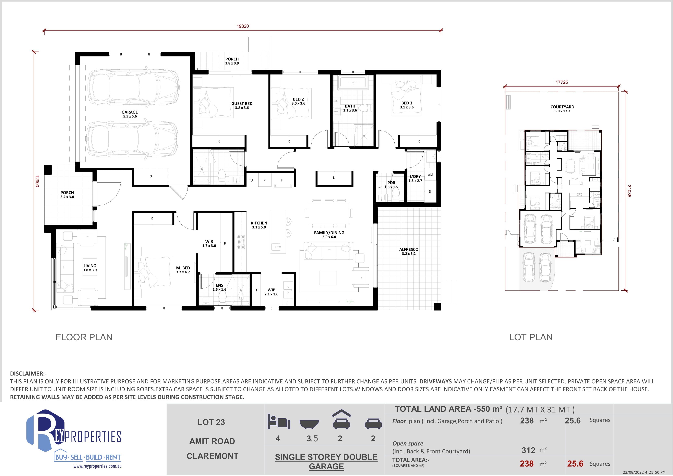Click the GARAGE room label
pos(130,112)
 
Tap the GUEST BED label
pos(242,104)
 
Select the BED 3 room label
pos(407,103)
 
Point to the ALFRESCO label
pos(409,249)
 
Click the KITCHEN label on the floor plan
pos(259,223)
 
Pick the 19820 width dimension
pos(243,26)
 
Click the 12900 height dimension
pos(37,181)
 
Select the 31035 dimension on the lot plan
pos(629,191)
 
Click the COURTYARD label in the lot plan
pos(562,107)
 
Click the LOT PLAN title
pos(531,337)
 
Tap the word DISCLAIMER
pos(27,373)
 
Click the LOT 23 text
pos(211,422)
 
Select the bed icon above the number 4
pos(278,421)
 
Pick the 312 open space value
pos(528,450)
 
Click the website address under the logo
pos(97,466)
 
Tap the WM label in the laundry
pos(430,174)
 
